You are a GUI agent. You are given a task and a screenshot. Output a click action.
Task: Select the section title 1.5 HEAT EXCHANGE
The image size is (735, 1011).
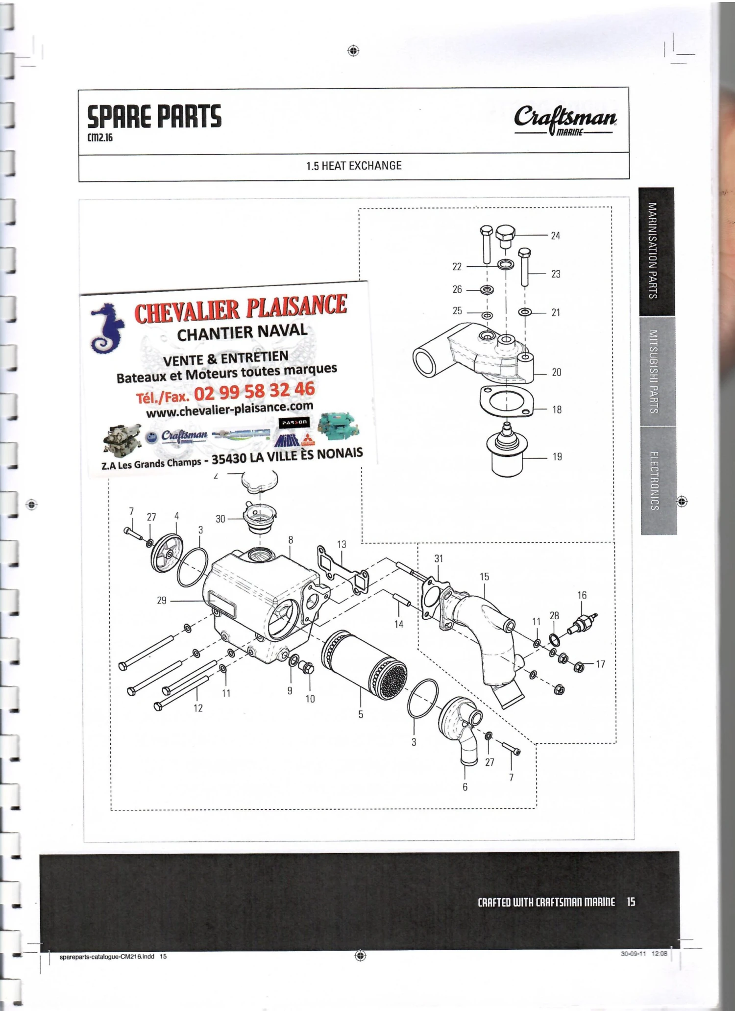(x=354, y=166)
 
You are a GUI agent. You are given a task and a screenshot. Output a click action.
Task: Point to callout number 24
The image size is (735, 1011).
(x=555, y=236)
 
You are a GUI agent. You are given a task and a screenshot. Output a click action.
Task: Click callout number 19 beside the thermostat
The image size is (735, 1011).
(x=557, y=457)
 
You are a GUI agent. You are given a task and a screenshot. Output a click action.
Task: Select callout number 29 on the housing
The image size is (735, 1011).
(x=162, y=601)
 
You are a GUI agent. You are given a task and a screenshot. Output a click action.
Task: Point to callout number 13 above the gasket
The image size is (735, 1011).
(x=342, y=544)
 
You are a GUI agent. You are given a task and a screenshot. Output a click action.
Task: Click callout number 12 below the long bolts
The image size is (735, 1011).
(x=198, y=708)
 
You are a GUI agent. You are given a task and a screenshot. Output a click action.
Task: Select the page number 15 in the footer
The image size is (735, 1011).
(x=631, y=902)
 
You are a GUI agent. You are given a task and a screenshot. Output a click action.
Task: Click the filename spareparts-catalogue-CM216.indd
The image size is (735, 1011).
(x=107, y=956)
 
